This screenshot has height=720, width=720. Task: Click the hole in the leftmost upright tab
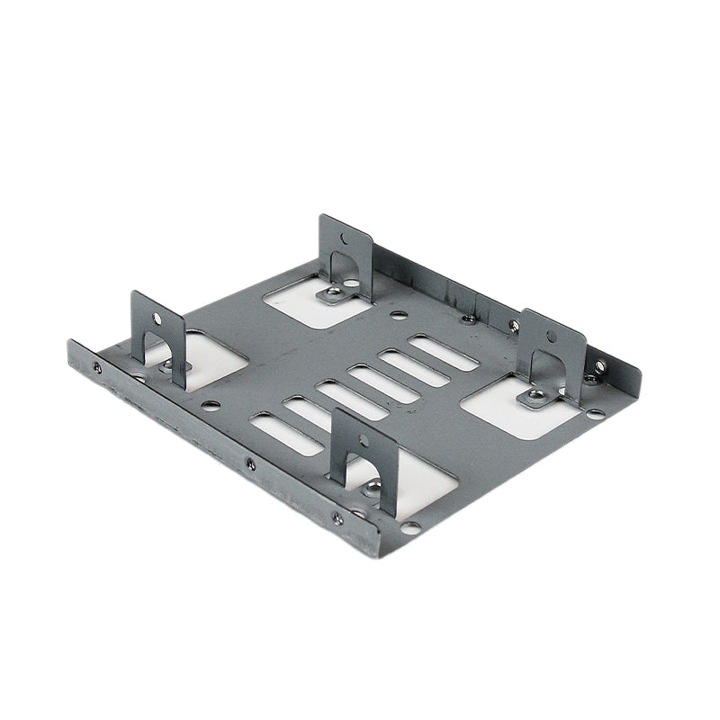coord(157,318)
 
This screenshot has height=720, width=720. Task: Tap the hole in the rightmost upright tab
coord(551,337)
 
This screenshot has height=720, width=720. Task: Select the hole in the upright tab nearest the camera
coord(363,441)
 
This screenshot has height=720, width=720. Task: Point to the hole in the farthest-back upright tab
coord(344,239)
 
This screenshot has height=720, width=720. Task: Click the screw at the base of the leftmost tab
coord(166,367)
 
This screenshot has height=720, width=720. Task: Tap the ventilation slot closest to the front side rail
coord(284,432)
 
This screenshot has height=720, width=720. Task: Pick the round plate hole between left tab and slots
coord(211,405)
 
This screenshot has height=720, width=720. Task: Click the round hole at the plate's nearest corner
coord(409,527)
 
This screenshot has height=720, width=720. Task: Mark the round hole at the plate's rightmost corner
coord(596,414)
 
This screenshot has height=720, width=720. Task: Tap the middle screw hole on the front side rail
coord(250,464)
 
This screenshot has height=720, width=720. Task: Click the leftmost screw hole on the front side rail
coord(97,366)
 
